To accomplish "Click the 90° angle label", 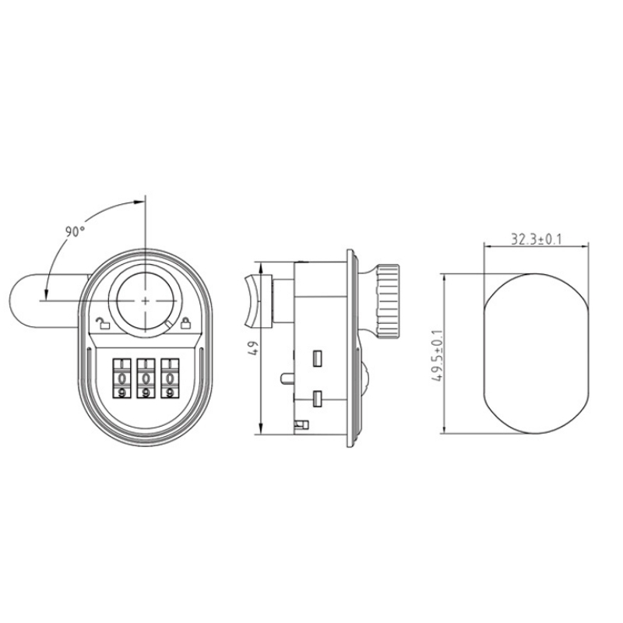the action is click(x=75, y=231).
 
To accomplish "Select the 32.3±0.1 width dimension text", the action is click(x=536, y=240).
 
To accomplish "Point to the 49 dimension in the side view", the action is click(x=255, y=348).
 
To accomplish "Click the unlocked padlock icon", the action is click(x=103, y=323).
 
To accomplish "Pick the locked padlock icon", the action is click(x=185, y=322).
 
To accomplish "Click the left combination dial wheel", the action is click(x=122, y=378).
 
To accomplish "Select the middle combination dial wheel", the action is click(x=146, y=378).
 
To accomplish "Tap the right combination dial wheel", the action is click(x=170, y=378).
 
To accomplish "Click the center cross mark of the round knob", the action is click(x=146, y=301).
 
